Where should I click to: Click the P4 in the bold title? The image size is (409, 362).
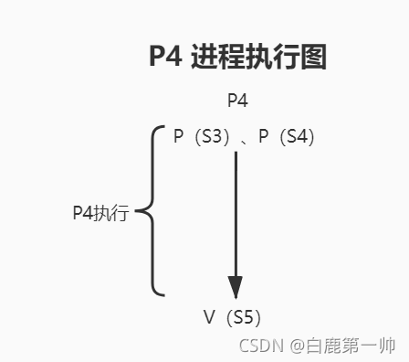click(x=167, y=58)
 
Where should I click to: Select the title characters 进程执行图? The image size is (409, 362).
click(x=257, y=58)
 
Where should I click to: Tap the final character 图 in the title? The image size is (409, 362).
click(x=312, y=58)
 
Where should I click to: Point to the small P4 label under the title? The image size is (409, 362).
click(x=238, y=101)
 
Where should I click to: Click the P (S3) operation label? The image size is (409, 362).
click(x=202, y=136)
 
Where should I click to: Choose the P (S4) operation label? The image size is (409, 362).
click(x=287, y=136)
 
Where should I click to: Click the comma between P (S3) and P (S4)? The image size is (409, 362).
click(x=244, y=140)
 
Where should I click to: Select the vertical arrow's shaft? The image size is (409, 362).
click(x=236, y=210)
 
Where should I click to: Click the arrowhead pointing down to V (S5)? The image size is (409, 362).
click(x=236, y=285)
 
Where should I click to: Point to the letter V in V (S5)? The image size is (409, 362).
click(x=208, y=317)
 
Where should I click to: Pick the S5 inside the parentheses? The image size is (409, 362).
click(x=244, y=317)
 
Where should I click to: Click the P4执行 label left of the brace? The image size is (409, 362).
click(x=100, y=213)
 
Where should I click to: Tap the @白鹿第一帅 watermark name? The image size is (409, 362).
click(x=343, y=346)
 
